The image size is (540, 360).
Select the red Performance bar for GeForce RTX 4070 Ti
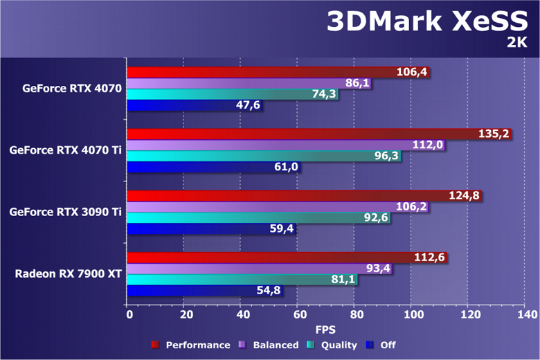318,134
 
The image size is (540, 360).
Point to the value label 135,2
492,134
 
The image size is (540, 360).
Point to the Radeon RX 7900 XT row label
69,274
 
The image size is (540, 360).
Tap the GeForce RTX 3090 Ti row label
66,212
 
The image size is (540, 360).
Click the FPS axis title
325,330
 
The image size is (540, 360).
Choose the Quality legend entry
332,345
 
